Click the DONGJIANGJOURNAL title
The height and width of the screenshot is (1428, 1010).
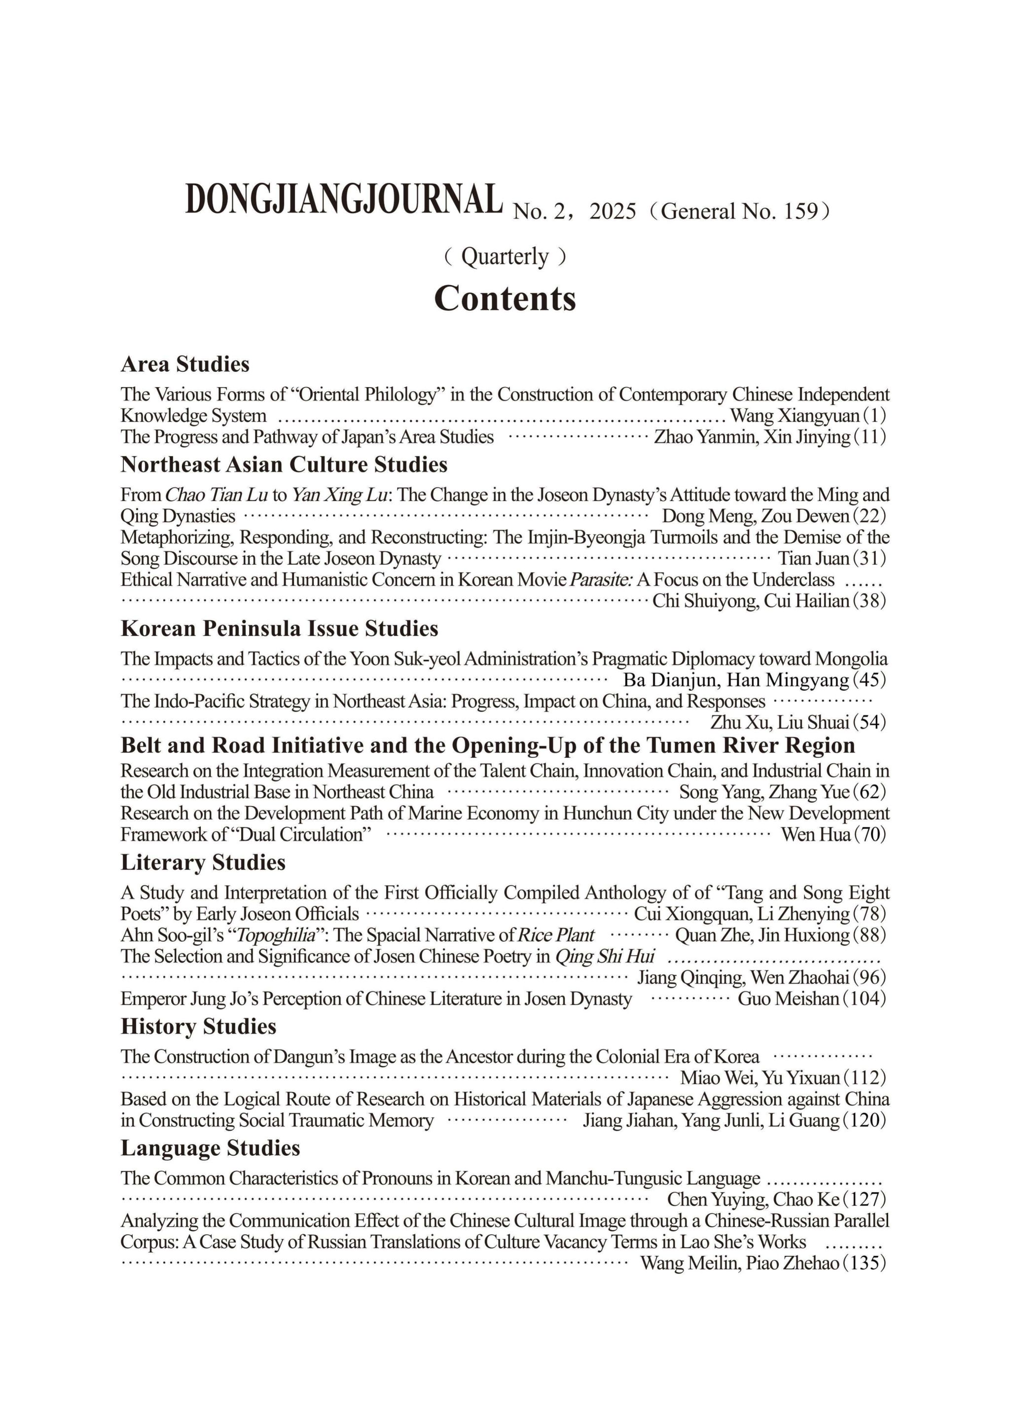[344, 200]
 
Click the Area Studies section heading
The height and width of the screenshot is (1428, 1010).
[185, 364]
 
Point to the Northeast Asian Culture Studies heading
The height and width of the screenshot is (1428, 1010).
[284, 464]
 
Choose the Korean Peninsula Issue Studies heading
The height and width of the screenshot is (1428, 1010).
[279, 628]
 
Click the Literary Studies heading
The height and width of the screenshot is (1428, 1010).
[203, 862]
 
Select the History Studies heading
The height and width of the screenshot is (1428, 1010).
[198, 1026]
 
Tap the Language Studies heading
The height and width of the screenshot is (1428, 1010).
[210, 1147]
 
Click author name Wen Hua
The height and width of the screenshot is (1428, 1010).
[815, 834]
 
